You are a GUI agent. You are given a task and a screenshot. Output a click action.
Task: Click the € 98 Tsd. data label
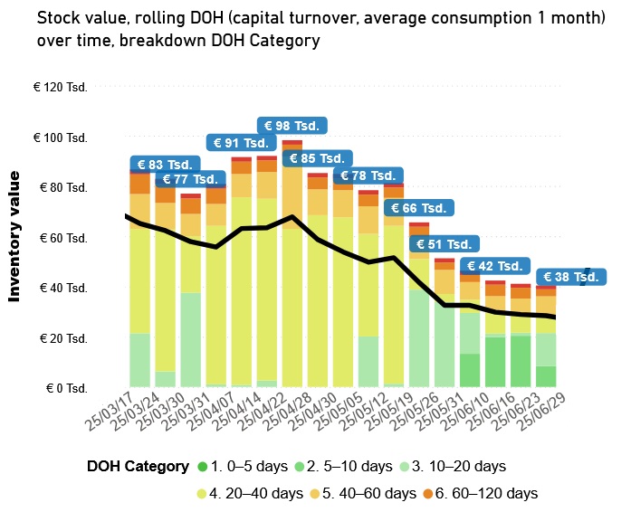coord(292,126)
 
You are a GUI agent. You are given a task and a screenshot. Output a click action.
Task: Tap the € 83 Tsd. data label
coord(164,165)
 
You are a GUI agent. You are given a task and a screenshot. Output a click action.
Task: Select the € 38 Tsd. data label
coord(570,278)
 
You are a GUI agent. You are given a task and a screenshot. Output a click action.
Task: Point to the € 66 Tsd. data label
coord(418,209)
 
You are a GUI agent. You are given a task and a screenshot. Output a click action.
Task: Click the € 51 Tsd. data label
coord(444,244)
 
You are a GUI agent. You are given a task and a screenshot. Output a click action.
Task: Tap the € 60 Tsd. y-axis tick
coord(62,238)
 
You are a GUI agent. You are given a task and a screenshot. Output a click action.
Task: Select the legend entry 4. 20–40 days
coord(254,494)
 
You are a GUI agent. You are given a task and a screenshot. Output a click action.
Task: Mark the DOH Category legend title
coord(138,467)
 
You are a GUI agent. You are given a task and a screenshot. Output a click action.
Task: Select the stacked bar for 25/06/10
coord(495,335)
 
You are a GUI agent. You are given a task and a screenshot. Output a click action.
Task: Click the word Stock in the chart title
coord(58,17)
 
